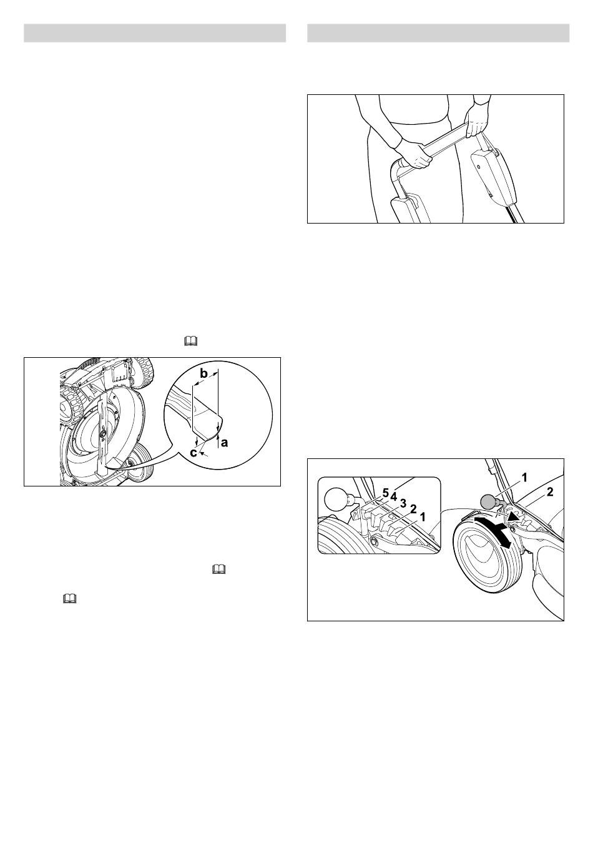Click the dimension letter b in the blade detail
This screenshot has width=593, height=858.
tap(204, 374)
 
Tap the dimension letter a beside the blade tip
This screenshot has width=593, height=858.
tap(225, 443)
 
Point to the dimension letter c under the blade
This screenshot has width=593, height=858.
tap(194, 453)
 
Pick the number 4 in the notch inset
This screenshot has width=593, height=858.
tap(393, 496)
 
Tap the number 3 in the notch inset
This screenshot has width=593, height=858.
tap(403, 503)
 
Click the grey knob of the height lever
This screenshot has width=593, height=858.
tap(488, 502)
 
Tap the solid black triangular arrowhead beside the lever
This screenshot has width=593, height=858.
tap(514, 518)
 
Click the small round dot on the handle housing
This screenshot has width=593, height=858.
tap(479, 167)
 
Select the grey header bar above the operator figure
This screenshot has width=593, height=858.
tap(438, 33)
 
